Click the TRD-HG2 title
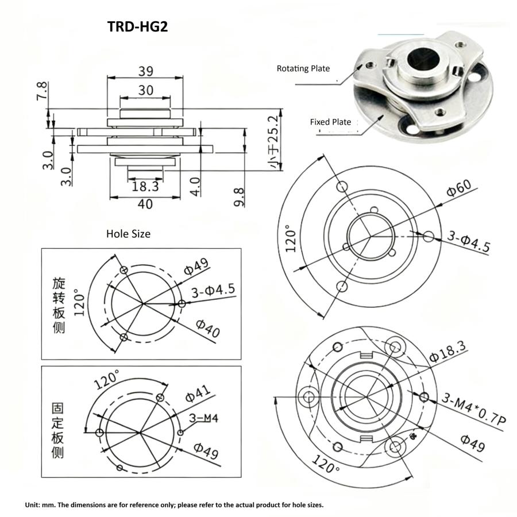click(x=137, y=27)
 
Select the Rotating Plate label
click(x=303, y=68)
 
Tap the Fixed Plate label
click(x=330, y=122)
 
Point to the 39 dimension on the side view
click(x=145, y=71)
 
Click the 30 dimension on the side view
click(x=145, y=90)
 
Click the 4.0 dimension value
click(x=196, y=187)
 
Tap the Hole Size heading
click(x=128, y=234)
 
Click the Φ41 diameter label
click(x=197, y=395)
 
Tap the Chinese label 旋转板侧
click(x=58, y=306)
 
